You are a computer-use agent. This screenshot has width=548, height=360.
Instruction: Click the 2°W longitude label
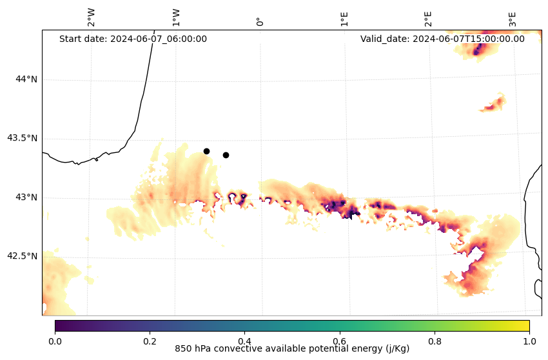tap(91, 17)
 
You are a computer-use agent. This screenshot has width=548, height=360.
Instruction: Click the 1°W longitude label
tap(175, 17)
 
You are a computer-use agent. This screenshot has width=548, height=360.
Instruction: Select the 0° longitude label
tap(260, 21)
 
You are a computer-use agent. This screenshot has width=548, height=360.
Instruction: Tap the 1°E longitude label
tap(344, 19)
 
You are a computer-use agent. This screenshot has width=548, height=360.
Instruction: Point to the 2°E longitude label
tap(428, 19)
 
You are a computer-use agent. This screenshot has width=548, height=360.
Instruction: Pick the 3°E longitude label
tap(513, 19)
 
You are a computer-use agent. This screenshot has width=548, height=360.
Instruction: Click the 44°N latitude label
tap(26, 79)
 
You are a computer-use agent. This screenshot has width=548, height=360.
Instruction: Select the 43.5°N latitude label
tap(22, 138)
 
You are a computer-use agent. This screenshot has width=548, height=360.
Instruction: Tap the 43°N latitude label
tap(26, 197)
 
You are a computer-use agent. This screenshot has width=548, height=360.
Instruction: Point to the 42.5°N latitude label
tap(22, 255)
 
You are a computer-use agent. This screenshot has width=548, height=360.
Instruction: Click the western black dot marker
tap(206, 151)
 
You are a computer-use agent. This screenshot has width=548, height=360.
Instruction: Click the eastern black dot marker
tap(226, 155)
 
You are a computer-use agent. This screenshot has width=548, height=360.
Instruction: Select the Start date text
tap(133, 39)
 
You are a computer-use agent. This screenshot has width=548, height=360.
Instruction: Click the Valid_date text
tap(442, 39)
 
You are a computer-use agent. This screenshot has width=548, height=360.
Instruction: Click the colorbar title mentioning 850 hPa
tap(292, 349)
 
